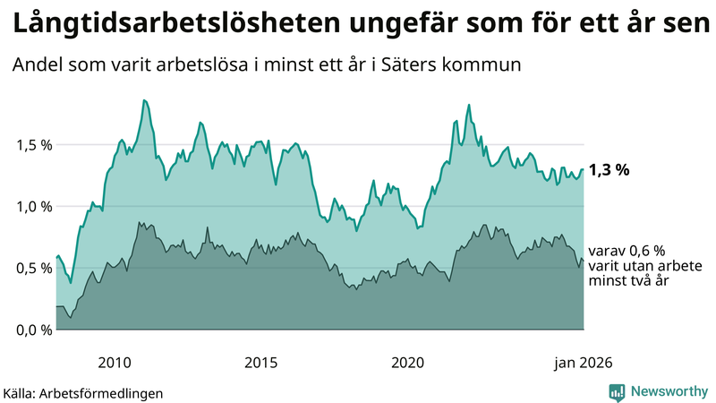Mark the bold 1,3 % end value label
[x=609, y=169]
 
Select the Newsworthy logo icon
[x=617, y=391]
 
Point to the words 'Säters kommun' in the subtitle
[x=472, y=65]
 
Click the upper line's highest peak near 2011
[x=143, y=100]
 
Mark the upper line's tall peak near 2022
[x=468, y=105]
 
